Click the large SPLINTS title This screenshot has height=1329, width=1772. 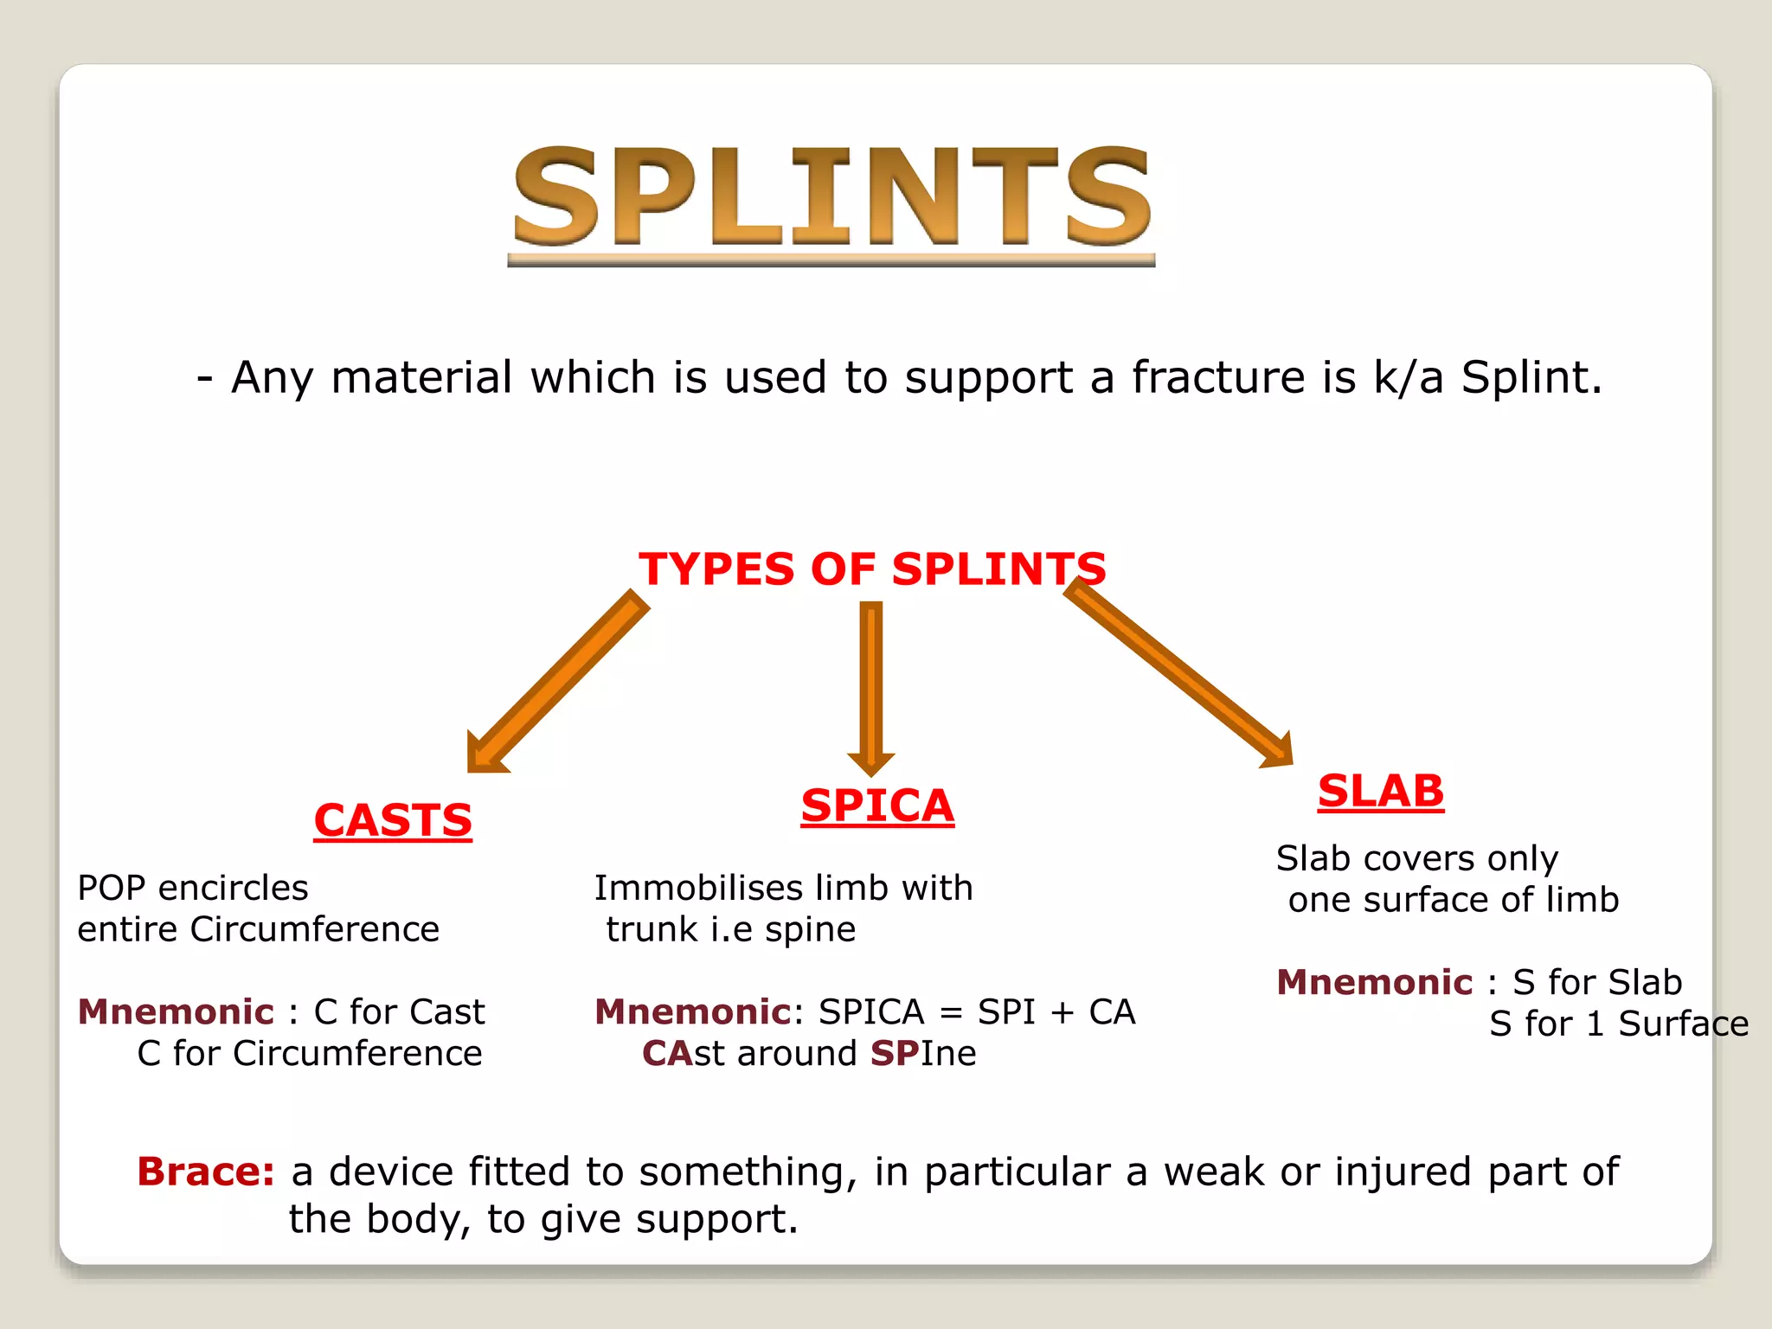point(831,197)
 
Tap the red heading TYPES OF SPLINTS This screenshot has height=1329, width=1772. point(872,569)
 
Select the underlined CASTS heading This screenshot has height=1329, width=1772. point(393,820)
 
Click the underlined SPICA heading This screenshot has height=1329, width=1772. point(877,806)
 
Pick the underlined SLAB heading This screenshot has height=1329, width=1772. point(1381,791)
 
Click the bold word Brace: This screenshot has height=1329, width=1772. point(206,1172)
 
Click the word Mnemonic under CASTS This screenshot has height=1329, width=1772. point(176,1011)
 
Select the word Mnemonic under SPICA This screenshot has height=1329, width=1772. point(692,1011)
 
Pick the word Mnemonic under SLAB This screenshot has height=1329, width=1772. point(1374,982)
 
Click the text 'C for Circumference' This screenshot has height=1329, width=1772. point(309,1053)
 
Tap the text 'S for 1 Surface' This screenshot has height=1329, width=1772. point(1618,1024)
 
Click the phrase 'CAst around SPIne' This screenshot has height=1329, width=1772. point(809,1053)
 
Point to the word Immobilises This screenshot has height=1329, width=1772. point(684,888)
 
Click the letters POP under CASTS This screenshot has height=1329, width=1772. point(111,888)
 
